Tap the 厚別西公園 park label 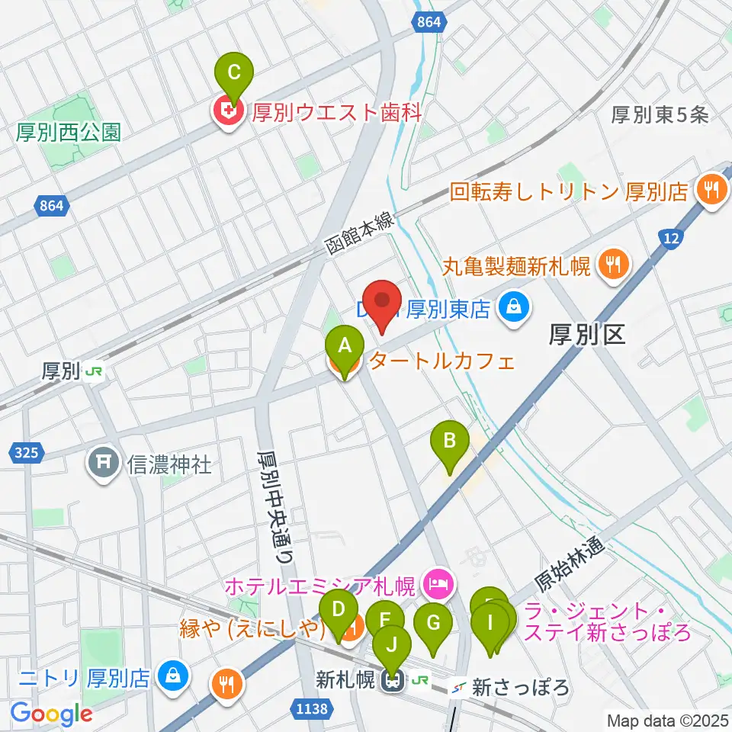[x=68, y=133]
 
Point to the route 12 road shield [x=670, y=239]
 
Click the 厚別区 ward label [x=586, y=333]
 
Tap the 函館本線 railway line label [x=358, y=233]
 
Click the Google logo [x=51, y=714]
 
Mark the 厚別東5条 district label [x=660, y=114]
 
